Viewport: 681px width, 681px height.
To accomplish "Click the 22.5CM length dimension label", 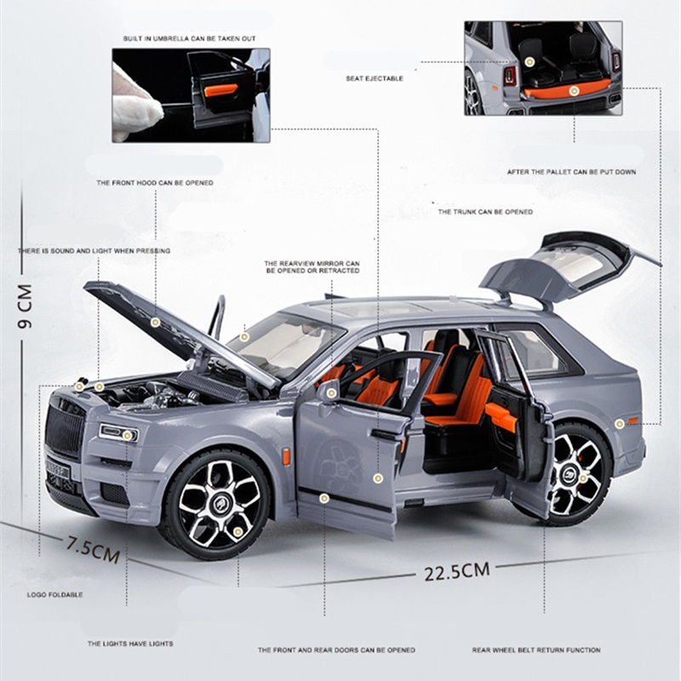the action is pos(457,570).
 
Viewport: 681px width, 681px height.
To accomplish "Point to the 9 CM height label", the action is pos(25,306).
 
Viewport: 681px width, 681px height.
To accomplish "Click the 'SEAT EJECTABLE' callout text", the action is pos(375,78).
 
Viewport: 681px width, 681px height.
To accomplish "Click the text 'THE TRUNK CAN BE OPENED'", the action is pos(485,212).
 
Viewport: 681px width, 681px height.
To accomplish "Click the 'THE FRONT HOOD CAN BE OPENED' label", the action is pos(154,182).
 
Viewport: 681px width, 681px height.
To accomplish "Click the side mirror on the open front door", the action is pos(329,391).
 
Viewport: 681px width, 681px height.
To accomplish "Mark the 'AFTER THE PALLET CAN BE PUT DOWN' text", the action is pos(571,172).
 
